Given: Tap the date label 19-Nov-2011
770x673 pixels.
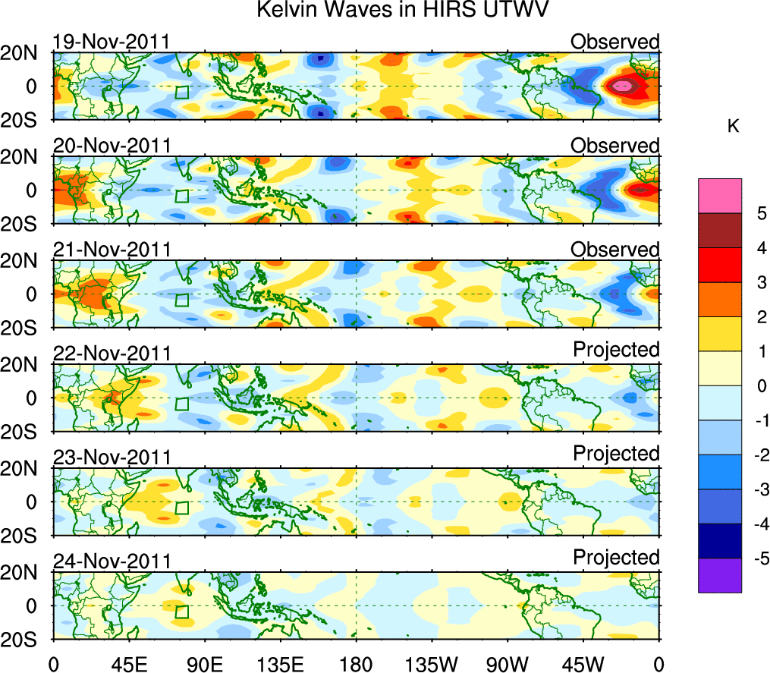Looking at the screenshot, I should [112, 42].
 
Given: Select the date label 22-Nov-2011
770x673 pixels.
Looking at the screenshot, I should [112, 354].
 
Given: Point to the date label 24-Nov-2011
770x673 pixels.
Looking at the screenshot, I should [112, 561].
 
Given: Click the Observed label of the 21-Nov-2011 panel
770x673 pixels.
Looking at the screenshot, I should [615, 250].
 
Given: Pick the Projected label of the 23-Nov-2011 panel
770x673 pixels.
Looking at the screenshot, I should [616, 453].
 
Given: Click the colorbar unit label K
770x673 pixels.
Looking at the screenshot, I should [733, 127].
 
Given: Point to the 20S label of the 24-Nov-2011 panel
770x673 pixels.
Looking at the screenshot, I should [24, 639].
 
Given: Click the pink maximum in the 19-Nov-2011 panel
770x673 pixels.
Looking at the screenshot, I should [623, 86].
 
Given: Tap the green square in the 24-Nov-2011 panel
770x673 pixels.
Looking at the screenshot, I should [181, 612].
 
